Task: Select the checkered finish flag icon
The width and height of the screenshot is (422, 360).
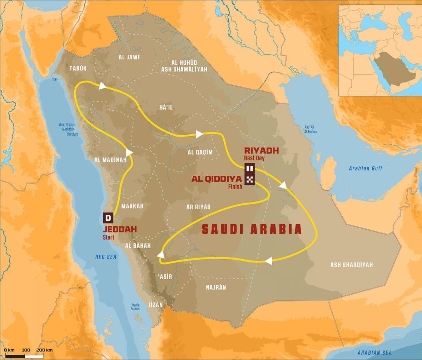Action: click(x=249, y=179)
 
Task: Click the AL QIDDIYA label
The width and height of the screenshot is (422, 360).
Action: click(x=217, y=179)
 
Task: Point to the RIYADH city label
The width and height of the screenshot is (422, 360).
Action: click(x=261, y=150)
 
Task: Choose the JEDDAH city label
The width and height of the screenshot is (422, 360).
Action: click(x=120, y=229)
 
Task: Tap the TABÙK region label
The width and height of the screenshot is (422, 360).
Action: click(x=78, y=68)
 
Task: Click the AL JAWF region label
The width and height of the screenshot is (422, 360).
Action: click(x=130, y=57)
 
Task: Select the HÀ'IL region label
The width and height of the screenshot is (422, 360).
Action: click(x=166, y=107)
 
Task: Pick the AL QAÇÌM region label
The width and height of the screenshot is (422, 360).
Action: click(x=200, y=152)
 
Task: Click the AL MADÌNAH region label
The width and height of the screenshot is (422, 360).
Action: click(x=110, y=160)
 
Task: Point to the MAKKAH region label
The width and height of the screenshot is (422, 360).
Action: click(x=132, y=206)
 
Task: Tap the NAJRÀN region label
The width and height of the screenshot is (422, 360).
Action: click(x=216, y=287)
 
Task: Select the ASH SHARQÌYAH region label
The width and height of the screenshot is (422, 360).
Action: click(x=351, y=265)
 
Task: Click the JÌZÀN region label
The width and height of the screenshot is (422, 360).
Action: click(x=155, y=305)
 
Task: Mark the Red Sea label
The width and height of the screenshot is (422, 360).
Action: click(x=106, y=257)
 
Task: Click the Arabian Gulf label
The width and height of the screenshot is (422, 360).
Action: click(x=365, y=169)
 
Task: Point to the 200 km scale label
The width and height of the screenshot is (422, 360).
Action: click(x=44, y=350)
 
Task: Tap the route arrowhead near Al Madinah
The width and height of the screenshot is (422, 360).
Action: click(x=129, y=152)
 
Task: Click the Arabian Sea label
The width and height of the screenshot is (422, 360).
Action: click(x=374, y=353)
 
